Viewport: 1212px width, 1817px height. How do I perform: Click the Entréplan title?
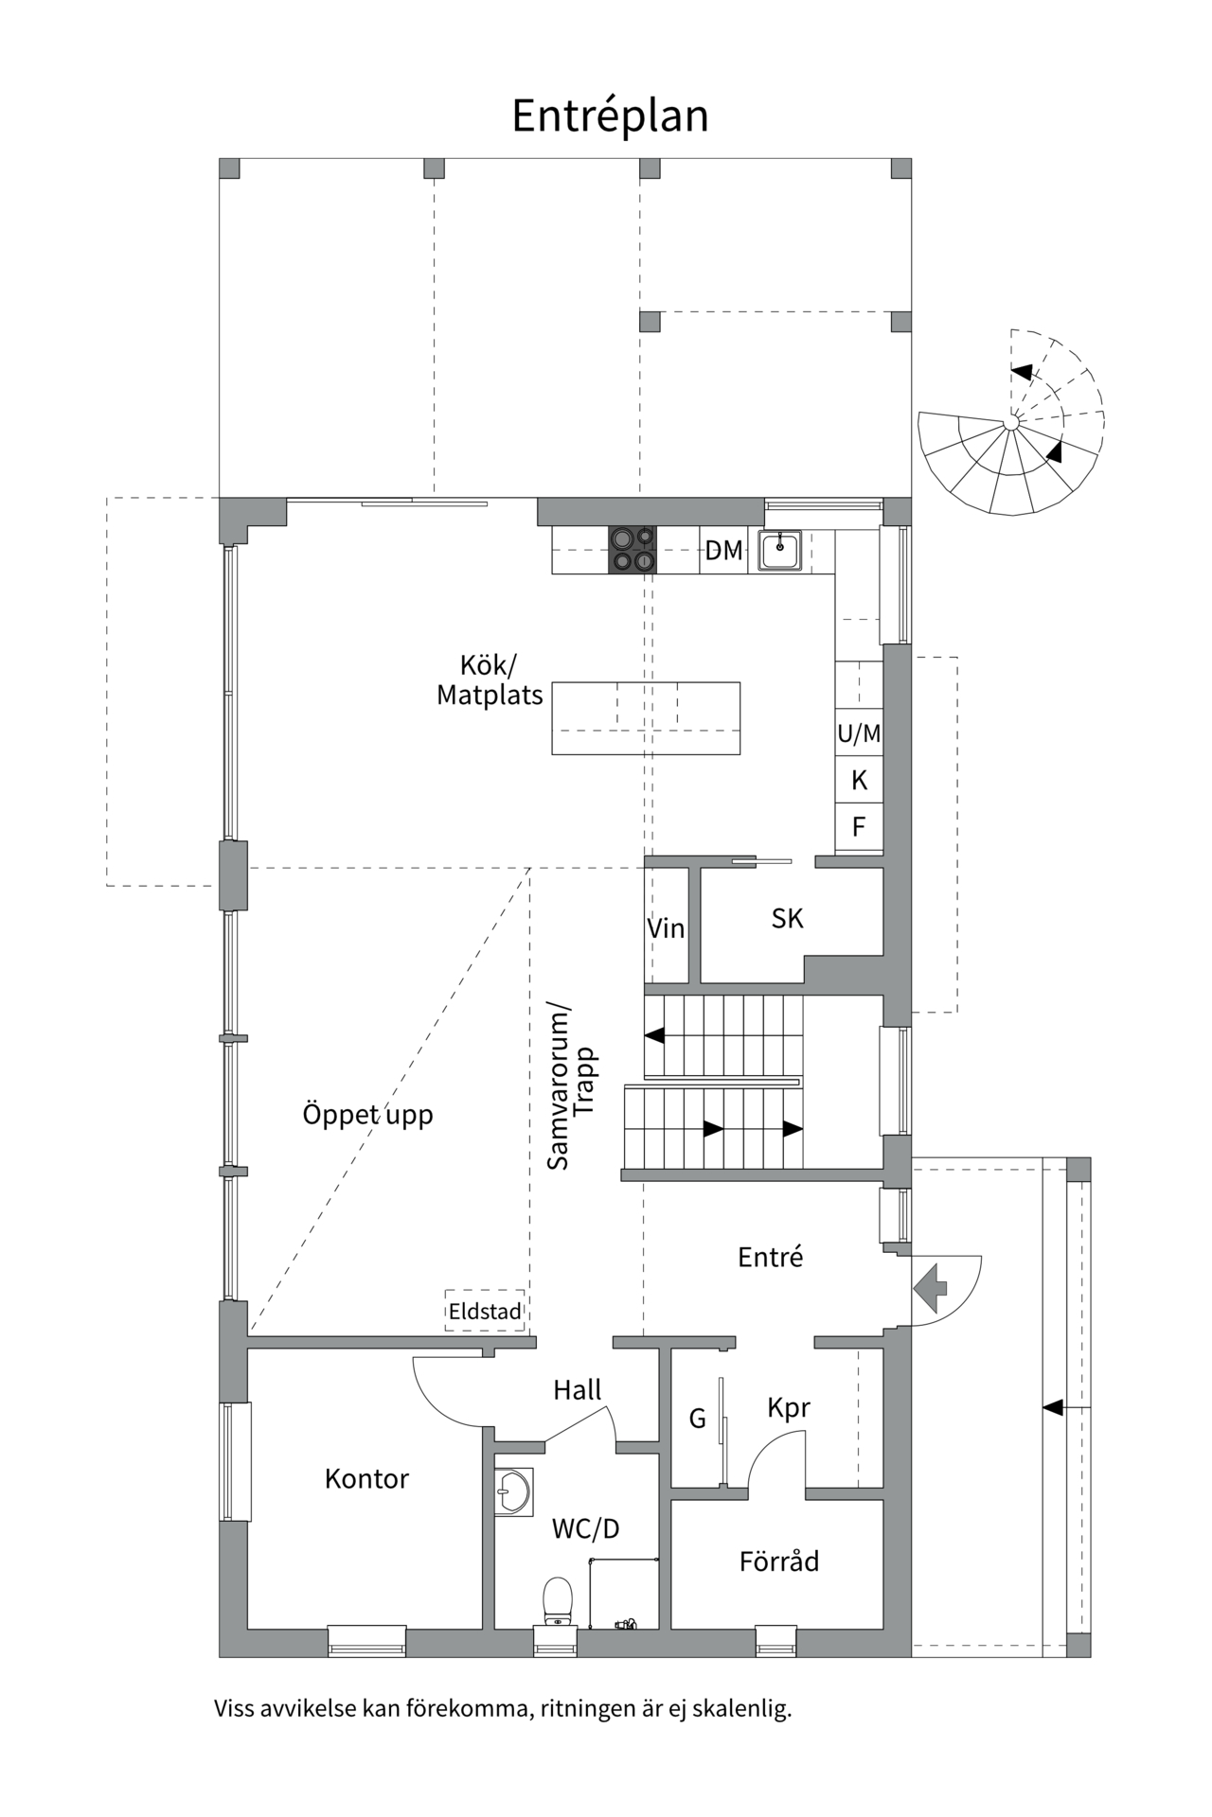click(x=610, y=116)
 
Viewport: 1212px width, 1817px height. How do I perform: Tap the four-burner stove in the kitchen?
click(x=633, y=550)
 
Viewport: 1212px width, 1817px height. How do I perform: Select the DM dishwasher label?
click(x=723, y=551)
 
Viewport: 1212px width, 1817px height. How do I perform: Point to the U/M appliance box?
click(x=859, y=733)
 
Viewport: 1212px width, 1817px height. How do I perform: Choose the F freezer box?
click(x=859, y=827)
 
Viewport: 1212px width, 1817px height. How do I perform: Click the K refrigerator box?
click(x=859, y=780)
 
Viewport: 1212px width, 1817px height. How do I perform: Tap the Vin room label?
click(x=666, y=928)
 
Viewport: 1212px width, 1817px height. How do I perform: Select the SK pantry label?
click(x=787, y=918)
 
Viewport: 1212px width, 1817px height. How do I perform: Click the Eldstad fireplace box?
click(x=485, y=1312)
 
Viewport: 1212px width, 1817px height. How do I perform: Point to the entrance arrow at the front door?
click(x=932, y=1287)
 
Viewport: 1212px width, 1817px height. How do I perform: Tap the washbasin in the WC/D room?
click(x=512, y=1492)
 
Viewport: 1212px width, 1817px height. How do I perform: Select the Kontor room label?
click(x=366, y=1479)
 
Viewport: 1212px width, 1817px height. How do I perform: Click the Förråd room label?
click(x=778, y=1561)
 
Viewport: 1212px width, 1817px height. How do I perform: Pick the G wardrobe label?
click(x=697, y=1419)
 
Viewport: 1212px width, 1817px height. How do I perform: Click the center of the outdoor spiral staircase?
click(x=1012, y=422)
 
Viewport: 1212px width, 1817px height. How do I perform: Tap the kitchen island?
click(x=646, y=717)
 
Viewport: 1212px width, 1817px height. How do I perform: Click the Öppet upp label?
click(x=367, y=1115)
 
